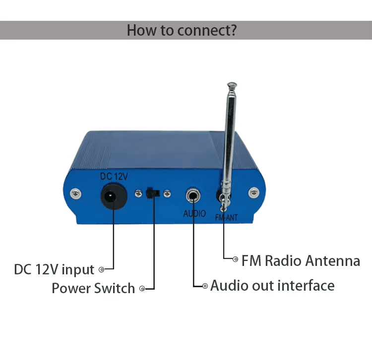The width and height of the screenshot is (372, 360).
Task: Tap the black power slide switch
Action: click(151, 193)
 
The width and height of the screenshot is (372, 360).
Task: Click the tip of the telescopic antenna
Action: click(231, 85)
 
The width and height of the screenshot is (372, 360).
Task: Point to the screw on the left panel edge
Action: click(75, 192)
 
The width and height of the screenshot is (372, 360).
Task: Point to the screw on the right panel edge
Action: click(254, 192)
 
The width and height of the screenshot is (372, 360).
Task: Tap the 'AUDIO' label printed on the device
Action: click(194, 213)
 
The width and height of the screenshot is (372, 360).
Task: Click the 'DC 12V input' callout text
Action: click(54, 269)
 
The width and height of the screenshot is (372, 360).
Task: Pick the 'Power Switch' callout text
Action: click(93, 288)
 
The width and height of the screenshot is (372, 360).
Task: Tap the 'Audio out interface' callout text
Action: click(272, 286)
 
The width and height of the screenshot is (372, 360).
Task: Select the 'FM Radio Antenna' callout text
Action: click(301, 261)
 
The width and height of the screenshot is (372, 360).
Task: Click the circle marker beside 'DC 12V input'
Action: click(102, 269)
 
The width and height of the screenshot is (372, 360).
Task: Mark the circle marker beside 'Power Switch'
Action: click(142, 288)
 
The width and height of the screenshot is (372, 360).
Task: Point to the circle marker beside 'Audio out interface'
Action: click(205, 286)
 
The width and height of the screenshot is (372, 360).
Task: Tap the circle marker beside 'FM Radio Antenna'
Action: click(236, 258)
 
